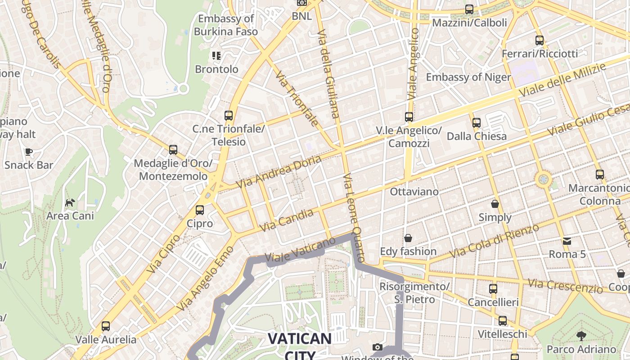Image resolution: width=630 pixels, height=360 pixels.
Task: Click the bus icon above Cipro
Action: [x=200, y=210]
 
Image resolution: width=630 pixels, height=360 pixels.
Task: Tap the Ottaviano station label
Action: [x=414, y=192]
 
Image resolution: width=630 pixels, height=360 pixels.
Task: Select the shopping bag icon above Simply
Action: [x=495, y=204]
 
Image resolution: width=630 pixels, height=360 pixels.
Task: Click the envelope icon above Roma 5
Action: [x=567, y=241]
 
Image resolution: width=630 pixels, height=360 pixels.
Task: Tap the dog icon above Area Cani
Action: [x=70, y=202]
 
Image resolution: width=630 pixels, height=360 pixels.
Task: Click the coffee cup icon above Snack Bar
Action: [x=29, y=152]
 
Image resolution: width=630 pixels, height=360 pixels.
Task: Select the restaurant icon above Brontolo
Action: [x=216, y=56]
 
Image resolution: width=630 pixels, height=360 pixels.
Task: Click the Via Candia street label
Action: [x=287, y=220]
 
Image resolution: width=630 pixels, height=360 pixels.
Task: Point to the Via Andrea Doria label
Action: [x=279, y=172]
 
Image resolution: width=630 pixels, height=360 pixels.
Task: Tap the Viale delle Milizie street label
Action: [x=562, y=79]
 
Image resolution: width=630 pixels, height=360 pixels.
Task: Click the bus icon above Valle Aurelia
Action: [x=106, y=326]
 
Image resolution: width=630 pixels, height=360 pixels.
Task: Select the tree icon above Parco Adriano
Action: [x=581, y=335]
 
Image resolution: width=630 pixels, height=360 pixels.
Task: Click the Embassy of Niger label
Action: [x=468, y=77]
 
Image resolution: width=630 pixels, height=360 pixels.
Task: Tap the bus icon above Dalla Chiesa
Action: [x=477, y=122]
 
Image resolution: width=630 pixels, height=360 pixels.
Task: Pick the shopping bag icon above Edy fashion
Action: [x=408, y=238]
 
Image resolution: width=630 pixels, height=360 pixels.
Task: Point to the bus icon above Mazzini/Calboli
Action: [x=469, y=9]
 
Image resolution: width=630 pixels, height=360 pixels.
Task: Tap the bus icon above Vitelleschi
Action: [x=503, y=321]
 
